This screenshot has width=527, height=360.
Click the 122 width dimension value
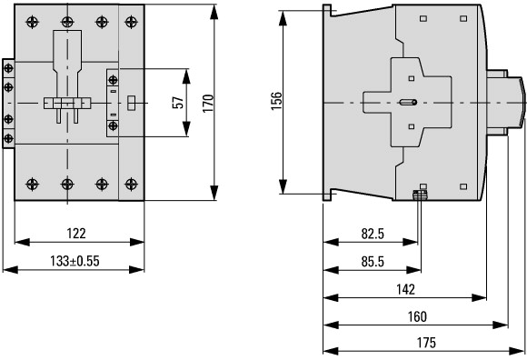(76, 234)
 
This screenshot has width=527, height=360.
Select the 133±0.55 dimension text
(75, 261)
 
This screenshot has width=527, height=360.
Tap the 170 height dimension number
(208, 104)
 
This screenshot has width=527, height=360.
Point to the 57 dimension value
(178, 103)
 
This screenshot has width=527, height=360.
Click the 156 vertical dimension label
(276, 101)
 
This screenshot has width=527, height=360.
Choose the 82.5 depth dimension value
(373, 234)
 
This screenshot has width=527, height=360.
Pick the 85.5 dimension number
(373, 262)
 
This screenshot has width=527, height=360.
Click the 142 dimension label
(405, 289)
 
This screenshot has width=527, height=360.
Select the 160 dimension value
(417, 316)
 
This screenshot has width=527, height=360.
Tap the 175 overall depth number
(426, 343)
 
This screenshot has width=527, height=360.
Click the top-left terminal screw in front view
(33, 22)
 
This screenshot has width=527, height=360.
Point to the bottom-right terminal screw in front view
(131, 184)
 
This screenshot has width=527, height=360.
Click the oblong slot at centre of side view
(408, 102)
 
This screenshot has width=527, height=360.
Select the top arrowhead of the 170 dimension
(214, 12)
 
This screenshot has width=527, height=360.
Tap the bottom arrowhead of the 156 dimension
(283, 186)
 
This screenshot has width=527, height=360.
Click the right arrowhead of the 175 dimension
(518, 351)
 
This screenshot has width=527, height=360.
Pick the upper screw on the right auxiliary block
(113, 80)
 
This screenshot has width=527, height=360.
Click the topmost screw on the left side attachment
(8, 68)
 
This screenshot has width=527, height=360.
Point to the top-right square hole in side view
(463, 18)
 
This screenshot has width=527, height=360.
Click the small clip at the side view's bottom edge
(420, 195)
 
